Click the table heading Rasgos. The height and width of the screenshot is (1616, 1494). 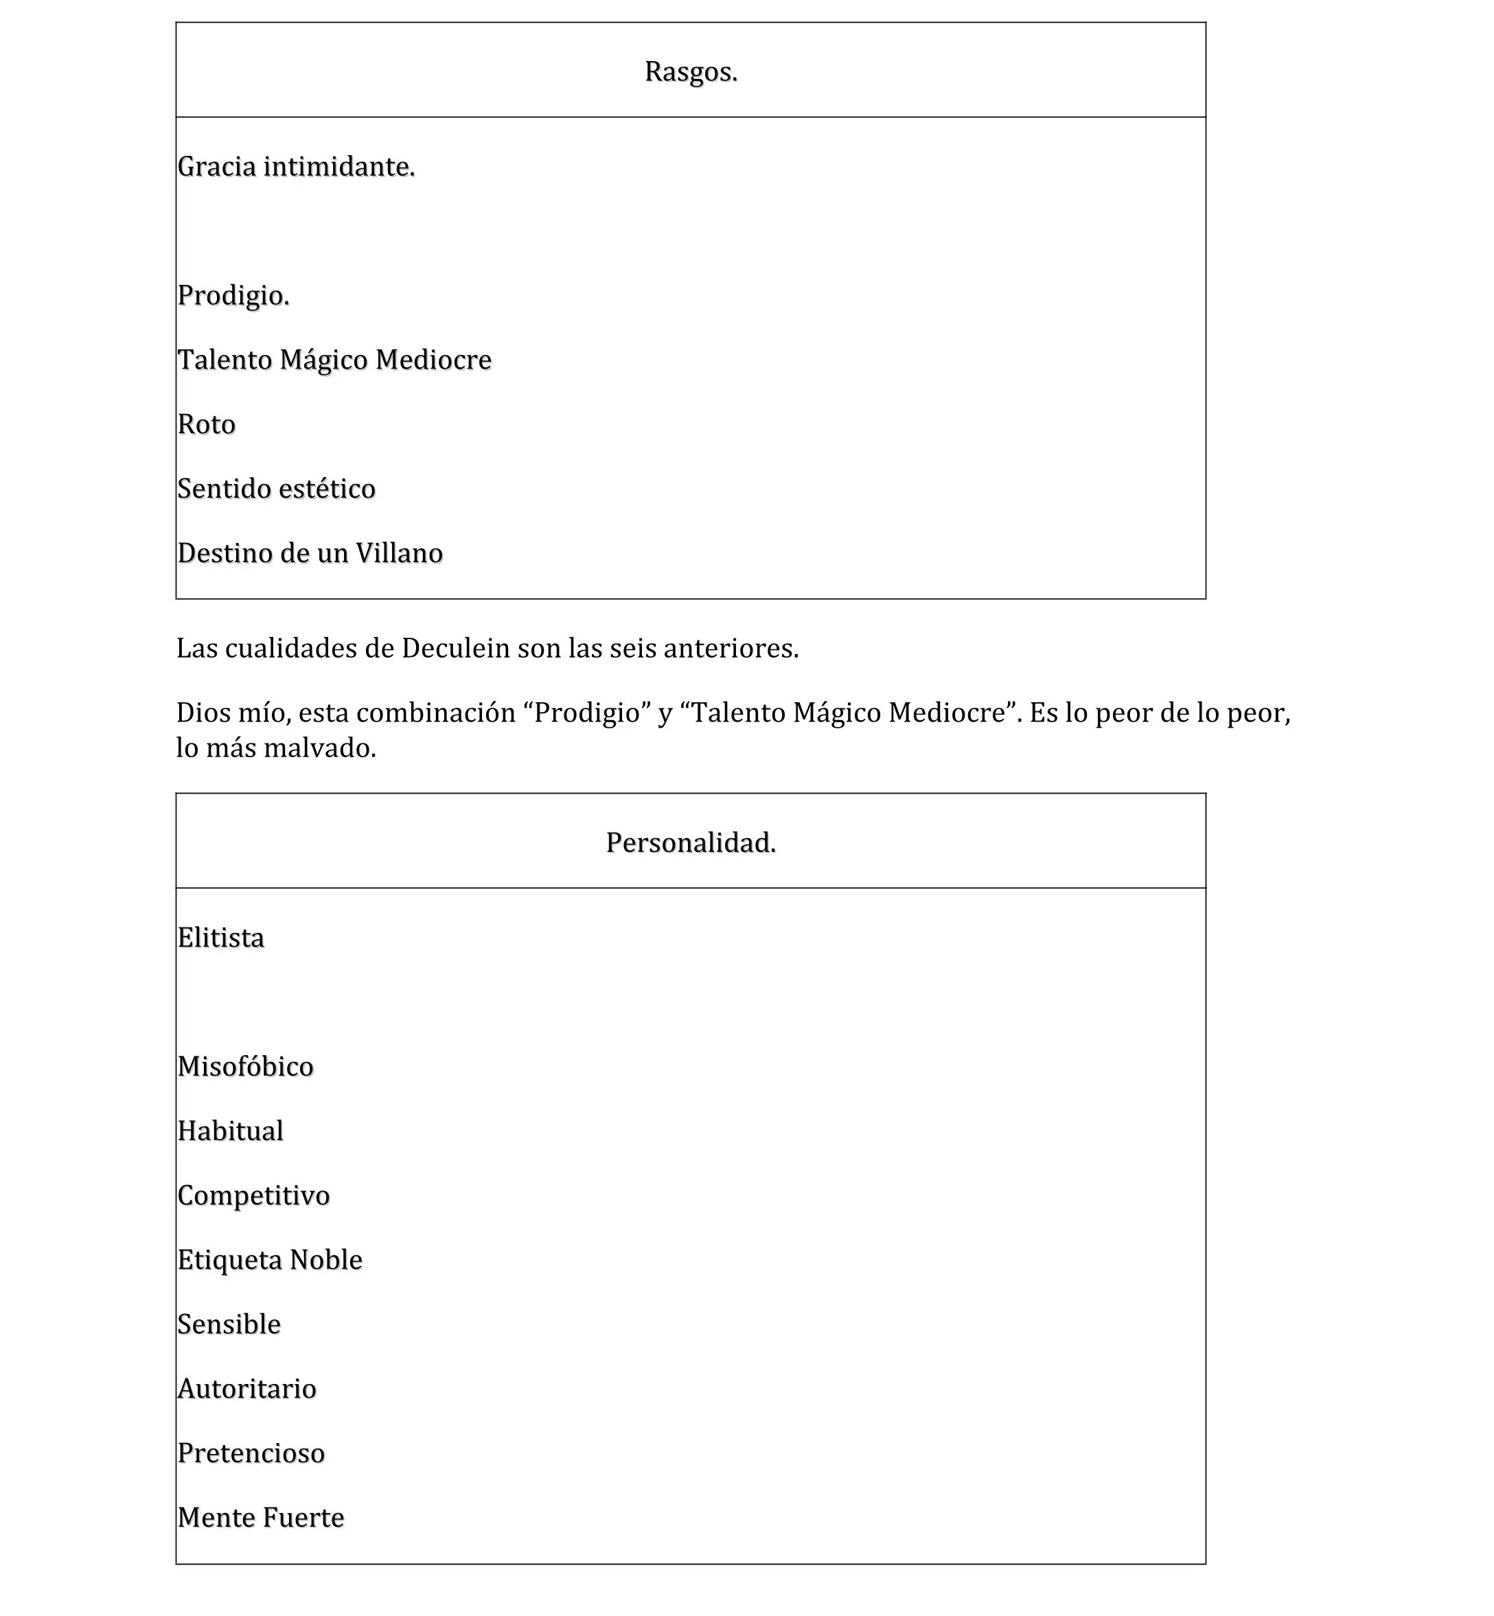[691, 72]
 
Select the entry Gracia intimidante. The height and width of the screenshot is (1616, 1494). [296, 167]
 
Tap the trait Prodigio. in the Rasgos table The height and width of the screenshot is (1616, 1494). [233, 296]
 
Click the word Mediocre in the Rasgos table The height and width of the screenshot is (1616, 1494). [433, 360]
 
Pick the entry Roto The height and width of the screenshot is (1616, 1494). [206, 424]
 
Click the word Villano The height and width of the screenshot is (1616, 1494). [400, 554]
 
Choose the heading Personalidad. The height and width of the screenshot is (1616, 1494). [691, 843]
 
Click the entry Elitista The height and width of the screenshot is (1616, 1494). [220, 938]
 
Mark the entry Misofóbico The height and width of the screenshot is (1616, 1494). [245, 1067]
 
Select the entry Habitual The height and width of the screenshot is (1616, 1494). [231, 1131]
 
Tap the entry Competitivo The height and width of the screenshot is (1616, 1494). [253, 1196]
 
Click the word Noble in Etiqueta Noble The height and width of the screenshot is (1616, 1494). [326, 1260]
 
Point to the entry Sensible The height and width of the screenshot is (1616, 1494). [229, 1324]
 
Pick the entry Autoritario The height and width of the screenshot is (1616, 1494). [246, 1389]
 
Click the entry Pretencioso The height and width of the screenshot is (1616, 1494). [251, 1453]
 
